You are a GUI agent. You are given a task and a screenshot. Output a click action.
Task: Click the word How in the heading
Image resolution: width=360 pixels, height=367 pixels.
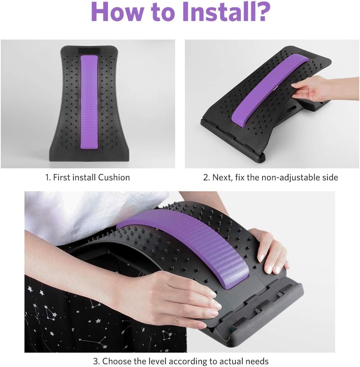[x=117, y=11]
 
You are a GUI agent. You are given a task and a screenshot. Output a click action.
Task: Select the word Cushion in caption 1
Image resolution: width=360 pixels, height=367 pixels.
[x=114, y=177]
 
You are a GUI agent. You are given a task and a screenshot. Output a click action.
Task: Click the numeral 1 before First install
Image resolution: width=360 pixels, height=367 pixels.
[x=48, y=177]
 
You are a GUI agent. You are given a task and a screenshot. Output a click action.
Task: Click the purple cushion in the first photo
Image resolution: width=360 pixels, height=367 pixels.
[x=89, y=102]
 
